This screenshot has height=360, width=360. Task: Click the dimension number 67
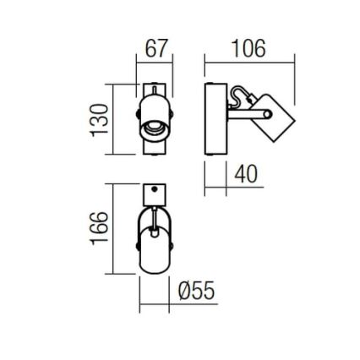(x=156, y=48)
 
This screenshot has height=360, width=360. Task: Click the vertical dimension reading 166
(x=101, y=227)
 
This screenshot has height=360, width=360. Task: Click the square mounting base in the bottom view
(x=154, y=194)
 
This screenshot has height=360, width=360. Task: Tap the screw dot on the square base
(x=154, y=189)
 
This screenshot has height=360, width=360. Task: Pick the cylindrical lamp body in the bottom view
(x=154, y=252)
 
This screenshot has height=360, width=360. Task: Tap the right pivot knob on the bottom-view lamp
(x=172, y=247)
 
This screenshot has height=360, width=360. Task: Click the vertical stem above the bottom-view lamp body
(x=154, y=217)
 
